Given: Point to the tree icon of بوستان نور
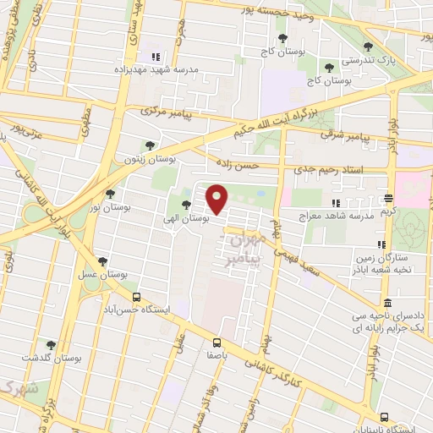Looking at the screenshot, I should pyautogui.click(x=110, y=194).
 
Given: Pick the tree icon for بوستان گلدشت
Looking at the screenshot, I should pyautogui.click(x=51, y=344).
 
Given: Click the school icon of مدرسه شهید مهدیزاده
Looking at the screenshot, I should pyautogui.click(x=154, y=57).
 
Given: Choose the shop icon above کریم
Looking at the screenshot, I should pyautogui.click(x=388, y=199).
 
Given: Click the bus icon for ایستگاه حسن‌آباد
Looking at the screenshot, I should pyautogui.click(x=136, y=297).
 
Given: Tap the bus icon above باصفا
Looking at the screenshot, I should pyautogui.click(x=217, y=343).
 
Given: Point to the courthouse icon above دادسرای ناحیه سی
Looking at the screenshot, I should pyautogui.click(x=386, y=303).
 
